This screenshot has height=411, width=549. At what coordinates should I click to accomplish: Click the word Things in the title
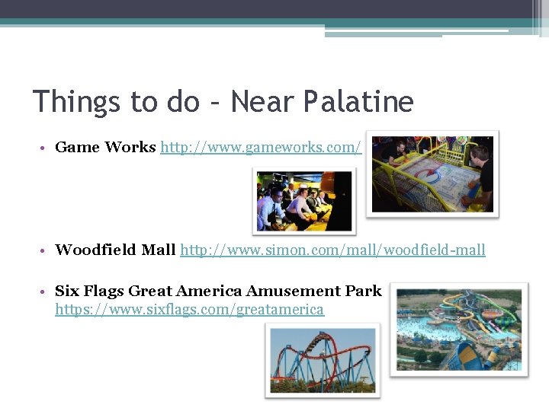tap(76, 101)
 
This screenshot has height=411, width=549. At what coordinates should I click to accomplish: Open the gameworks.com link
tap(260, 148)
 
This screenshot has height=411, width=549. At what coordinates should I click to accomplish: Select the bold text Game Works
tap(105, 148)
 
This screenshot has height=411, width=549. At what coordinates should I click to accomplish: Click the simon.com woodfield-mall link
tap(332, 250)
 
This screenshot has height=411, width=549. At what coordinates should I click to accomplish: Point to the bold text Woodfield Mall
tap(116, 250)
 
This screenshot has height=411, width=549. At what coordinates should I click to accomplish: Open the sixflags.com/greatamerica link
tap(189, 310)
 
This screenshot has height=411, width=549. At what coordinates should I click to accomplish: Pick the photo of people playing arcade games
tap(304, 201)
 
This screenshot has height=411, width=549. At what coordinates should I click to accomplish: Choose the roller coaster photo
tap(322, 359)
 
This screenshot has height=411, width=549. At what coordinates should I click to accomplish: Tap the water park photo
tap(458, 329)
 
